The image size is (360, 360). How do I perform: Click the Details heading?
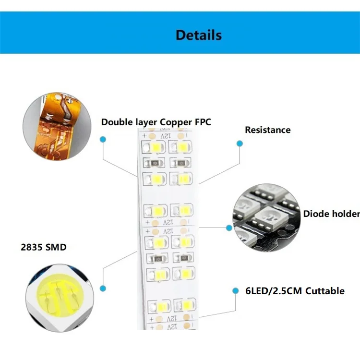coord(198,35)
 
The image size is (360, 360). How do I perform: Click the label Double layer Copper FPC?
coord(156,122)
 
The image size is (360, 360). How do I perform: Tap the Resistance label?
coord(267,130)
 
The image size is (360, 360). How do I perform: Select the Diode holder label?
coord(331,214)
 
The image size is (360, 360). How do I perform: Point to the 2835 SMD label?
coord(43,248)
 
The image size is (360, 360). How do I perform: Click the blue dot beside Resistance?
coord(240,143)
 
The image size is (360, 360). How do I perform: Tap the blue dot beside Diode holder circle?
coord(229,228)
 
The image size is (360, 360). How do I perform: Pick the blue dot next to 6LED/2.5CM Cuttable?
coord(235,291)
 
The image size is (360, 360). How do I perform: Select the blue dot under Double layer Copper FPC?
coord(102,139)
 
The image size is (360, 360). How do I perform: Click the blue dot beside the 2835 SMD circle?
coord(102,288)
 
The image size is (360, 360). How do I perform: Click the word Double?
coord(117,122)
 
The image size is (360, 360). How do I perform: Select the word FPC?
coord(203,122)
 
